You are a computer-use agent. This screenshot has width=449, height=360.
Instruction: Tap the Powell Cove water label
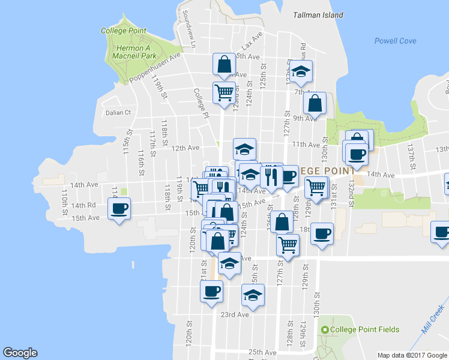[395, 41]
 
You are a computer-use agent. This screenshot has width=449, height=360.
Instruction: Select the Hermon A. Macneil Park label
[130, 52]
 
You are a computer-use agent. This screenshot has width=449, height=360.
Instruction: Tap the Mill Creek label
[431, 321]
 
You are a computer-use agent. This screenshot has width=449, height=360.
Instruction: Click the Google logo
[20, 353]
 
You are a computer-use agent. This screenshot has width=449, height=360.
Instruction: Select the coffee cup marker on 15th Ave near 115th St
[119, 209]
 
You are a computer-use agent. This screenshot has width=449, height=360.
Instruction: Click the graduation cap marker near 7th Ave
[301, 71]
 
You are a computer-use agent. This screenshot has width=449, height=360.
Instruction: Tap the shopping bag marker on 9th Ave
[315, 103]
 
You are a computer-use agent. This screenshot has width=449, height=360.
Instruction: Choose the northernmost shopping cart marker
[224, 93]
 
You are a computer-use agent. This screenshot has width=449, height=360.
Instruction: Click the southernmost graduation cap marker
[253, 295]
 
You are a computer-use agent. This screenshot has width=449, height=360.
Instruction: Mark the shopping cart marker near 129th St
[316, 187]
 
